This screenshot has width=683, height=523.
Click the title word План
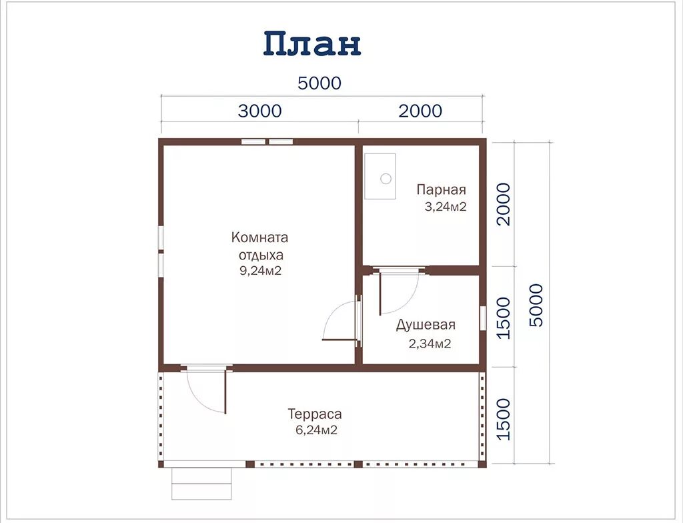pos(312,44)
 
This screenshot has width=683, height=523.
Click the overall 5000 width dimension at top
pos(319,83)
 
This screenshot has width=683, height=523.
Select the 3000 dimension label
pos(259,111)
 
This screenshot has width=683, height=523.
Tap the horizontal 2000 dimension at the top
pos(420,111)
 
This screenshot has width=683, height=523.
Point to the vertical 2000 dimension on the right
pos(504,204)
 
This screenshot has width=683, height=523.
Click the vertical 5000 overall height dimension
pos(536,305)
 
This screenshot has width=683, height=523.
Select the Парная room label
pos(441,189)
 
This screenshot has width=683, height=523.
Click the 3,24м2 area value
pos(445,207)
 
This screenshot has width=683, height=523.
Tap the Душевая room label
pos(426,325)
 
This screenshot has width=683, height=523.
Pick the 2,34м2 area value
pos(430,344)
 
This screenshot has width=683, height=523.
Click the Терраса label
pos(315,414)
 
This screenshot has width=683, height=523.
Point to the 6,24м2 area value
pos(316,431)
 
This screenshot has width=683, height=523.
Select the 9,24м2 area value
pos(260,271)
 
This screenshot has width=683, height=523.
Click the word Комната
pos(259,237)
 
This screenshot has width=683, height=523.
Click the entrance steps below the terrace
pos(202,482)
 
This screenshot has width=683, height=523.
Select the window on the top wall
pos(267,141)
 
